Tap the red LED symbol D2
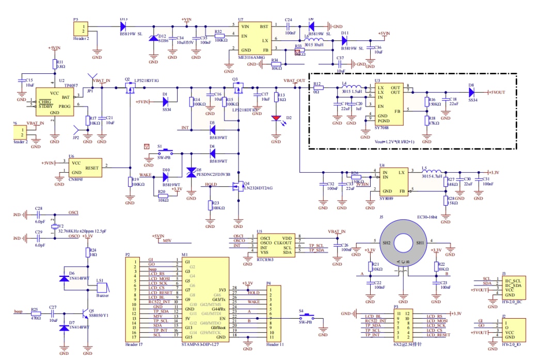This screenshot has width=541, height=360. tap(279, 119)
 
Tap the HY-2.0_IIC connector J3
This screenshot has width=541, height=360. tap(514, 289)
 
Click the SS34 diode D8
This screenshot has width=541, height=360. tap(471, 93)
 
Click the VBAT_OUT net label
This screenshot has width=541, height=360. tap(294, 81)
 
